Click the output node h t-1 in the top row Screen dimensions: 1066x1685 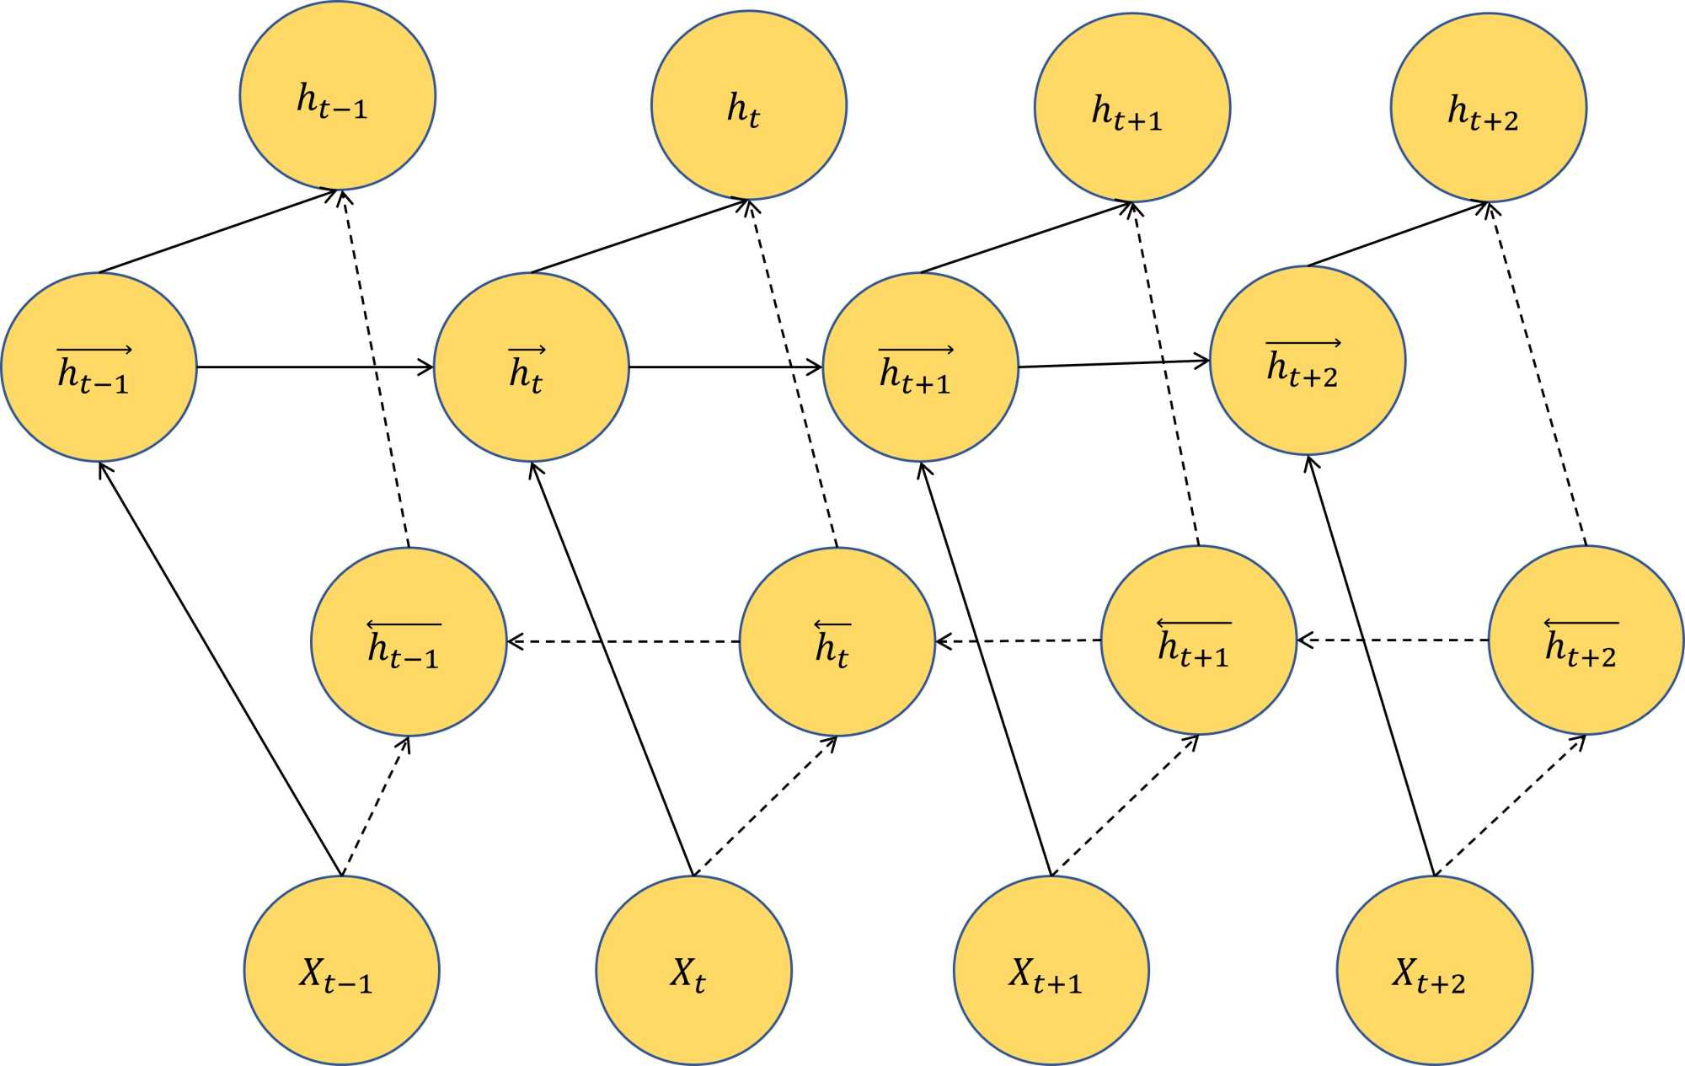coord(337,95)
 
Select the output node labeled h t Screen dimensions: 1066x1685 coord(748,105)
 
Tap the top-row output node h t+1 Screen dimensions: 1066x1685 coord(1131,107)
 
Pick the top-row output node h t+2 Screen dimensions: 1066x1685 coord(1488,107)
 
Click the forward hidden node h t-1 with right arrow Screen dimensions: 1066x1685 coord(99,367)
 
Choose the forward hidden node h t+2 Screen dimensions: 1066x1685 coord(1307,361)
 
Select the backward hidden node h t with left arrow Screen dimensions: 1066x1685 coord(837,641)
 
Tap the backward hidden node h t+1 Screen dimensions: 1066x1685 coord(1198,640)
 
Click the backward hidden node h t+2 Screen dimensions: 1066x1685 coord(1586,640)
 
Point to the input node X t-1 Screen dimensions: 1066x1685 coord(341,970)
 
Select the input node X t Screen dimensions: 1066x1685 coord(693,970)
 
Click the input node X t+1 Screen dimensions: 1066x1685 coord(1051,970)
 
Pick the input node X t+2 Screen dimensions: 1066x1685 coord(1434,970)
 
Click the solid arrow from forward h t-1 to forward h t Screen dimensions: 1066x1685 coord(315,367)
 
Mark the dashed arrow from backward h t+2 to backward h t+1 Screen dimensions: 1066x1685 coord(1392,640)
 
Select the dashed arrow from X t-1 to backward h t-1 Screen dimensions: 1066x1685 coord(376,806)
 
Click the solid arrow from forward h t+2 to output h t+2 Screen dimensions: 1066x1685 coord(1397,233)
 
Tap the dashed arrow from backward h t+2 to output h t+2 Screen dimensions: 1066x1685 coord(1538,374)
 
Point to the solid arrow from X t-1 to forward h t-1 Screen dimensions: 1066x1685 coord(221,669)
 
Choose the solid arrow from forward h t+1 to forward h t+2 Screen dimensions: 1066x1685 coord(1114,364)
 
